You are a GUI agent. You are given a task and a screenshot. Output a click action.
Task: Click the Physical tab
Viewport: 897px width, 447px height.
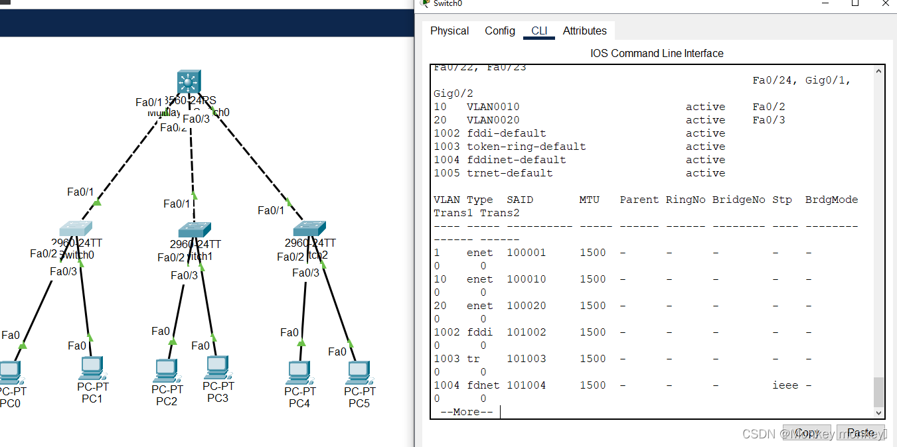coord(449,31)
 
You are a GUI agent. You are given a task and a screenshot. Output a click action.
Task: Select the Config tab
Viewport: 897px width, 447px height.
coord(499,31)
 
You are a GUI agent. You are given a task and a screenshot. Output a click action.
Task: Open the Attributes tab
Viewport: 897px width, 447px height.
coord(584,31)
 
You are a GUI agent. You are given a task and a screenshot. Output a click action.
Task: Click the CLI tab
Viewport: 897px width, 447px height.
coord(539,31)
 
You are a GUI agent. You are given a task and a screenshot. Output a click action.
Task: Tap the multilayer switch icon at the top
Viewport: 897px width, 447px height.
coord(189,82)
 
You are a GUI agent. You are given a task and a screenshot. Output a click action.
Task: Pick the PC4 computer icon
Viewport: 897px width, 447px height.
coord(299,372)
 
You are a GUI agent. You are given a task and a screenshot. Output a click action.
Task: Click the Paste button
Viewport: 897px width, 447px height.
coord(860,433)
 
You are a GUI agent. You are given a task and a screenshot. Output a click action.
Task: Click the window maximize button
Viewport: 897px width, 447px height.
coord(855,3)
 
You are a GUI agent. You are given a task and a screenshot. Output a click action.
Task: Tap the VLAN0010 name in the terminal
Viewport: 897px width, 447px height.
coord(493,107)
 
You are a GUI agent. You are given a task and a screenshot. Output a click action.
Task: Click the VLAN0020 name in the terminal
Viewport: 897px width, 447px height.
coord(493,120)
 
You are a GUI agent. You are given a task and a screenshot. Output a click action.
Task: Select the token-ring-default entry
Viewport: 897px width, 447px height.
coord(526,147)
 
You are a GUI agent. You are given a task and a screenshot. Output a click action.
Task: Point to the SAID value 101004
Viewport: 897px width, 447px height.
coord(526,385)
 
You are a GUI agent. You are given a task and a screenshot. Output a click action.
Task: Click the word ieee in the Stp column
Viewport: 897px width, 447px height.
coord(785,385)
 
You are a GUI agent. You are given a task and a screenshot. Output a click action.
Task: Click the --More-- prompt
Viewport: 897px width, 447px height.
coord(466,412)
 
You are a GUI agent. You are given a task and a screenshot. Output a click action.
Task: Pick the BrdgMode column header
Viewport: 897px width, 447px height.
coord(831,200)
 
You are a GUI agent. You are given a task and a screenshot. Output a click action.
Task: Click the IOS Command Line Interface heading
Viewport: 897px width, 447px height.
coord(657,53)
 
